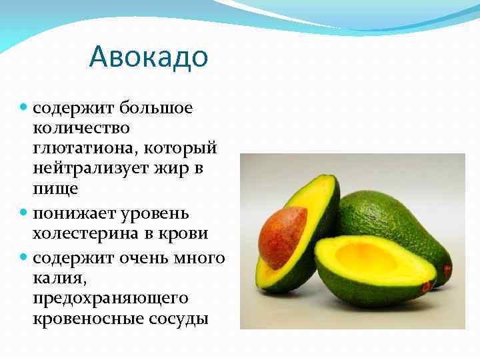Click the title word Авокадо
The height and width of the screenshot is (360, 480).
pyautogui.click(x=148, y=57)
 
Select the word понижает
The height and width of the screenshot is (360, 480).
pyautogui.click(x=75, y=213)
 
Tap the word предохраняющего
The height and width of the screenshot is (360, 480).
pyautogui.click(x=110, y=297)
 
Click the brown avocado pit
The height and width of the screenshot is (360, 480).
pyautogui.click(x=281, y=236)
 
